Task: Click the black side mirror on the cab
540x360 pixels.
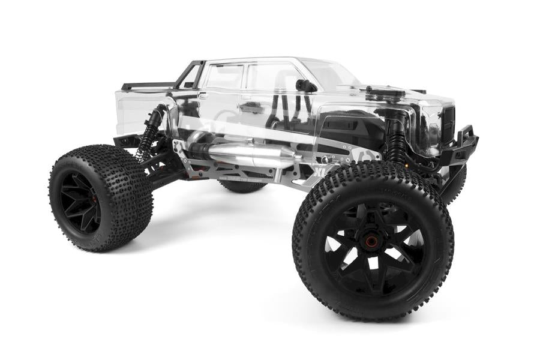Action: pyautogui.click(x=307, y=85)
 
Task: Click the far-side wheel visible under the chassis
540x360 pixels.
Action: pyautogui.click(x=242, y=186)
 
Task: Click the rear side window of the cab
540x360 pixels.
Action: pyautogui.click(x=224, y=77)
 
